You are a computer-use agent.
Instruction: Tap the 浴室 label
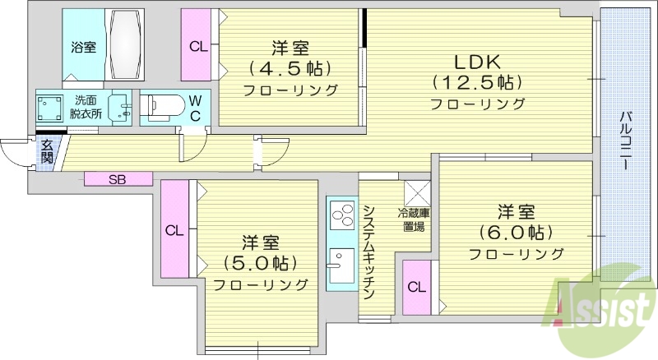coord(82,47)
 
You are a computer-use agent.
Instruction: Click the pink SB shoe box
coord(118,178)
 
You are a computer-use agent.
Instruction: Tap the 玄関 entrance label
coord(46,153)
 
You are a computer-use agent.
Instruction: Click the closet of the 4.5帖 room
coord(198,46)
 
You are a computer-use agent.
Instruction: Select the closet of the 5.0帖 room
coord(174,229)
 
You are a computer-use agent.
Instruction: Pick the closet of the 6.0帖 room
coord(417,287)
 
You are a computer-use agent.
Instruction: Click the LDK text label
coord(477,62)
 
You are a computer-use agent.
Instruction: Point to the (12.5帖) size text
coord(478,83)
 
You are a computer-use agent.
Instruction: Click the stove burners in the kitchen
coord(341,217)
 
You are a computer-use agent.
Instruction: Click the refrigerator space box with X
coord(416,194)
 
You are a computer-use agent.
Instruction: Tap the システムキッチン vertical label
coord(369,251)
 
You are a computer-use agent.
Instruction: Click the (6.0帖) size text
coord(516,232)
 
